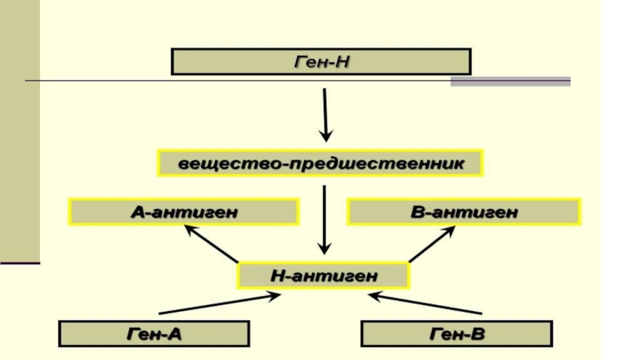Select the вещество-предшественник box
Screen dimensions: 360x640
(x=321, y=163)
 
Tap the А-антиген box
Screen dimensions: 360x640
(x=184, y=212)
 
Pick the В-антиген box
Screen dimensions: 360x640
(x=463, y=212)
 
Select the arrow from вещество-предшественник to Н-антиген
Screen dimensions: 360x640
(x=325, y=220)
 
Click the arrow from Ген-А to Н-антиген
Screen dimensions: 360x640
(x=220, y=304)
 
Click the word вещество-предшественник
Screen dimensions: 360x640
(x=321, y=163)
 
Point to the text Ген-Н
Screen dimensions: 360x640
(x=321, y=62)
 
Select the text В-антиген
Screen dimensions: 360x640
(x=463, y=212)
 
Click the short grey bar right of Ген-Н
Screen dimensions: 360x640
(x=510, y=82)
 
